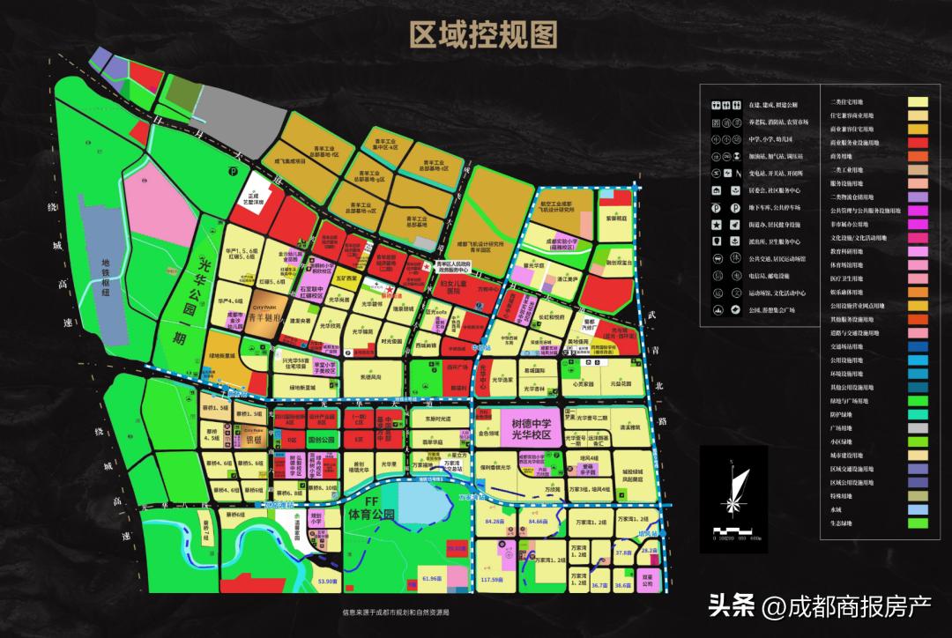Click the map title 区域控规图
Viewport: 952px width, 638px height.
(x=483, y=35)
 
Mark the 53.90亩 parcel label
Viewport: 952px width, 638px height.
(x=327, y=581)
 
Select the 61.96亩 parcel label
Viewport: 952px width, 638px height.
(x=430, y=578)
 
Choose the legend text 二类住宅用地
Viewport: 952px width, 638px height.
(x=852, y=101)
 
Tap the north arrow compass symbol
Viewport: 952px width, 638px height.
(x=733, y=489)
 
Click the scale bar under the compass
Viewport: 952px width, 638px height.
(x=733, y=530)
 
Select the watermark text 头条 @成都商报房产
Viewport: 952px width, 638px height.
(x=820, y=606)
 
